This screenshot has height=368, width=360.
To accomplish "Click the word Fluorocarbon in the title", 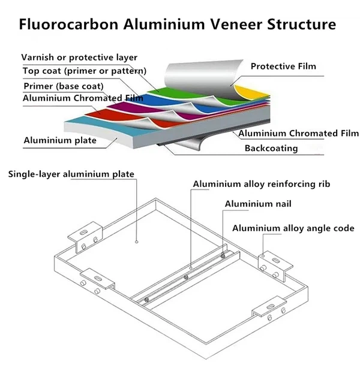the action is tap(68, 24).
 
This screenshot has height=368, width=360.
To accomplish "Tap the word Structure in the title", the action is tap(301, 24).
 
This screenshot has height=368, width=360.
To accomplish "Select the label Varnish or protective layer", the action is tap(79, 58).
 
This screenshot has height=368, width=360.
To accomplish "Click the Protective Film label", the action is tap(283, 66).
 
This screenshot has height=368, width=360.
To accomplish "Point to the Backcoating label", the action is tap(271, 148).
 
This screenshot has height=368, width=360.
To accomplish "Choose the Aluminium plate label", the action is tap(60, 140).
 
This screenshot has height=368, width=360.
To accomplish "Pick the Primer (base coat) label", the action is tap(64, 86).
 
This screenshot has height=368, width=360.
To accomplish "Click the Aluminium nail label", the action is tap(258, 204).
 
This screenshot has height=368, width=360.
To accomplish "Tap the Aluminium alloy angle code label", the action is tap(293, 228).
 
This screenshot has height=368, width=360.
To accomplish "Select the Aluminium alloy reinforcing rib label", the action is tap(262, 184).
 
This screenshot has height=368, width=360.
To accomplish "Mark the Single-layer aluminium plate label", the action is tap(71, 174).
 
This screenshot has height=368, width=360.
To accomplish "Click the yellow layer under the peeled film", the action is tap(250, 92).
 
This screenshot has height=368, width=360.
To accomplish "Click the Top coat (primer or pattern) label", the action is tap(85, 71).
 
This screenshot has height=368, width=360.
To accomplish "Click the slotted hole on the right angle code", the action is tap(275, 260).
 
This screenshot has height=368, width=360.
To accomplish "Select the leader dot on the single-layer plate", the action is tap(136, 242).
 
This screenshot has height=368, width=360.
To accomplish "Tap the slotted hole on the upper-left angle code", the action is tap(83, 232).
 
